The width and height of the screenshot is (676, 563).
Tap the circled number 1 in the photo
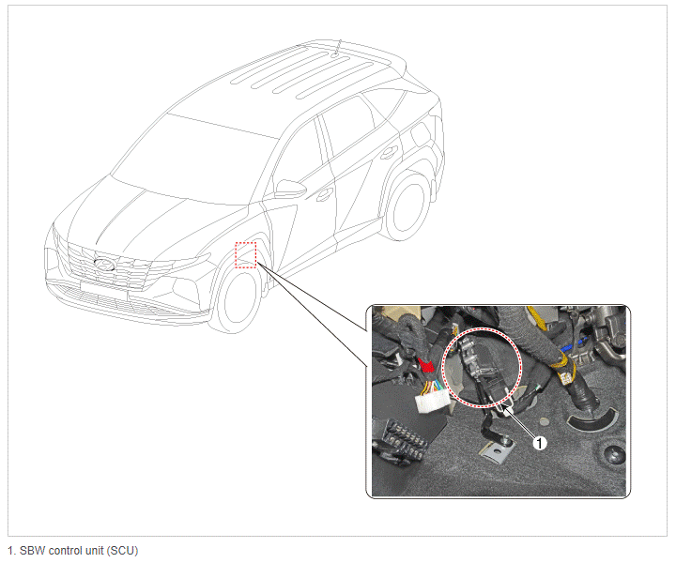tap(539, 442)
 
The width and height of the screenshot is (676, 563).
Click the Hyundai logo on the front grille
tap(104, 265)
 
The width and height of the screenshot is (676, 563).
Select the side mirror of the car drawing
tap(290, 189)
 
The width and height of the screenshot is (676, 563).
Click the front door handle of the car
tap(324, 195)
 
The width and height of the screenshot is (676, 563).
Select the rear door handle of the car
tap(389, 152)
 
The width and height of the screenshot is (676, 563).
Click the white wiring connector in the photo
tap(432, 400)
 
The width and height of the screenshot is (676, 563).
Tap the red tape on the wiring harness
tap(426, 365)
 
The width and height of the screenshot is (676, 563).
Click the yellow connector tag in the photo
tap(564, 377)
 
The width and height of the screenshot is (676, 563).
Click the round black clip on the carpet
tap(613, 455)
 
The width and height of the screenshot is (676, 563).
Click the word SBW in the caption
tap(33, 551)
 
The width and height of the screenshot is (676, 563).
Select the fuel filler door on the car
tap(422, 134)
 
